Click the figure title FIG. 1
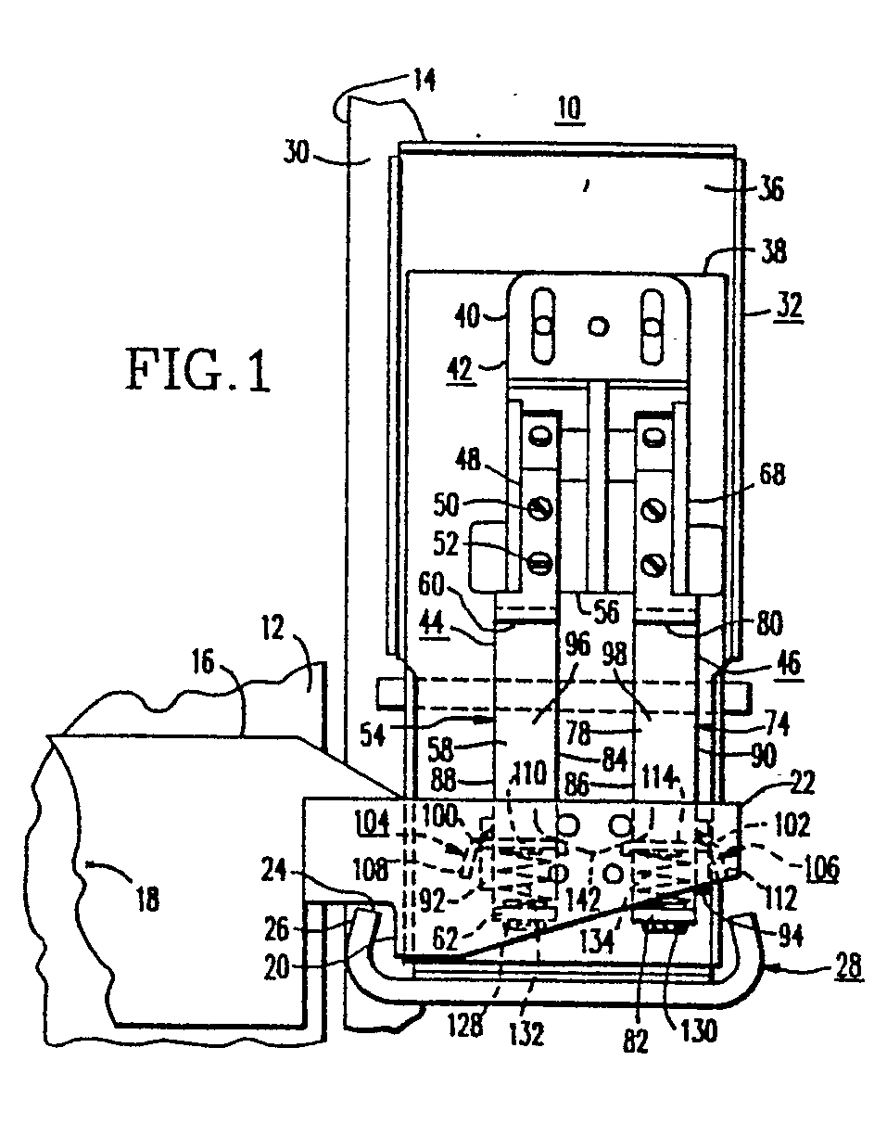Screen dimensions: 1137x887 click(197, 372)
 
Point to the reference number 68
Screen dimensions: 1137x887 click(770, 476)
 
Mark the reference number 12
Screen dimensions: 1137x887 click(302, 639)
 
